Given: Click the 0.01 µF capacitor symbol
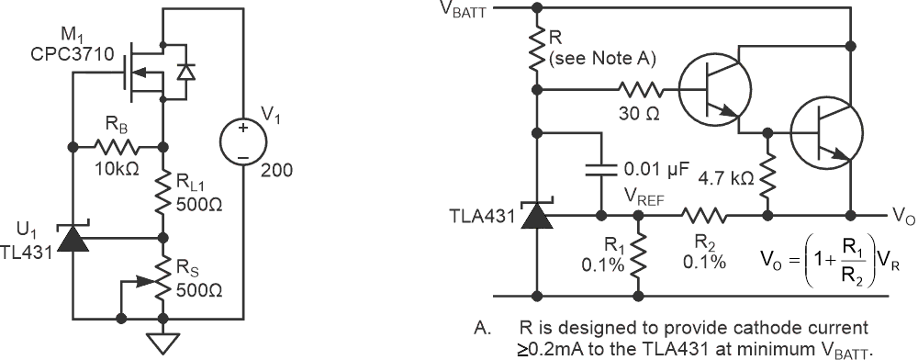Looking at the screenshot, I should tap(601, 170).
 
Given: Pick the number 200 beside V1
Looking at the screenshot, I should tap(274, 171).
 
